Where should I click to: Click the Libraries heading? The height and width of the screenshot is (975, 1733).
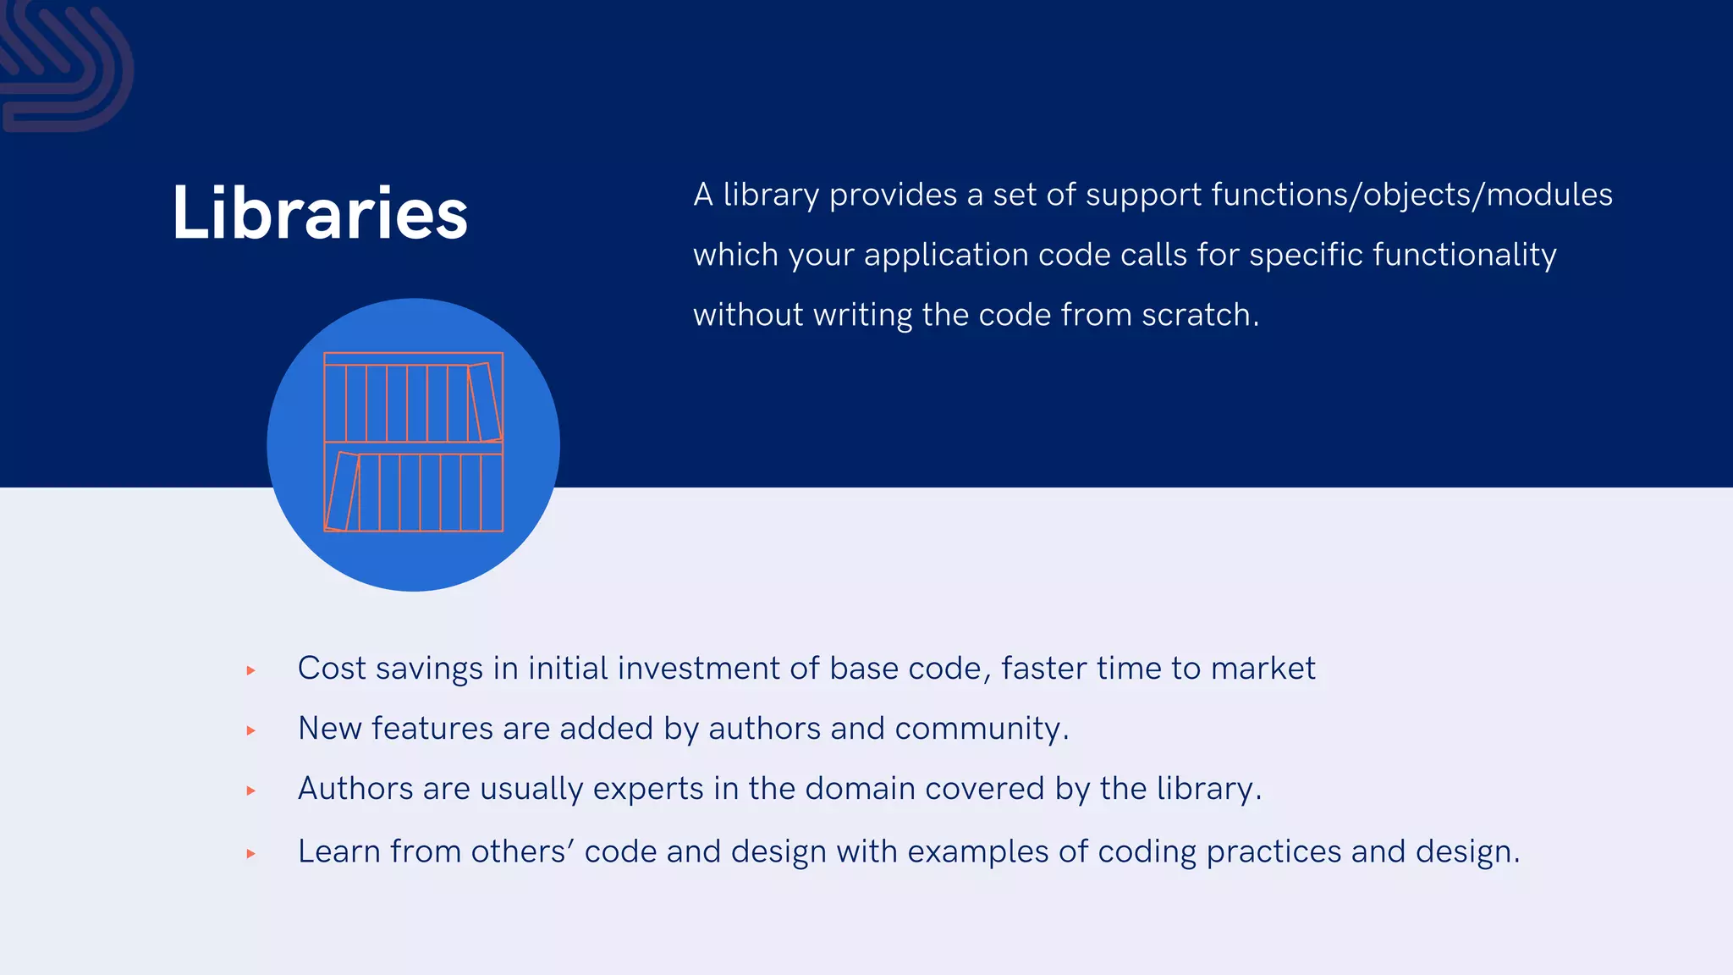[320, 212]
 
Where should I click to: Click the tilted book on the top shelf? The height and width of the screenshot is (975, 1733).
[485, 403]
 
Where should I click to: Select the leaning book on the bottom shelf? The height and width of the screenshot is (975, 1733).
[343, 492]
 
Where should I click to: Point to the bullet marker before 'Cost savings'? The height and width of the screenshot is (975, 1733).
[251, 670]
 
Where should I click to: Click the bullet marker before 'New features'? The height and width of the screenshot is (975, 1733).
[251, 730]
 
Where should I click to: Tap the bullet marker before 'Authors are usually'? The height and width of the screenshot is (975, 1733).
[251, 790]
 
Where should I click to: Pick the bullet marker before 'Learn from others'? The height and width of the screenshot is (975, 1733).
[251, 854]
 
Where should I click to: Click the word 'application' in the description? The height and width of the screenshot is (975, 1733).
[946, 256]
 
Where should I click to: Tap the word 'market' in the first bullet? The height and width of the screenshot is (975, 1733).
[1263, 669]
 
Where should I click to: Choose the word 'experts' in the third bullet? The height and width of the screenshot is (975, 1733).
[648, 789]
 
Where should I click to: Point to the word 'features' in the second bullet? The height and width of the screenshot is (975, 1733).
[432, 729]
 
